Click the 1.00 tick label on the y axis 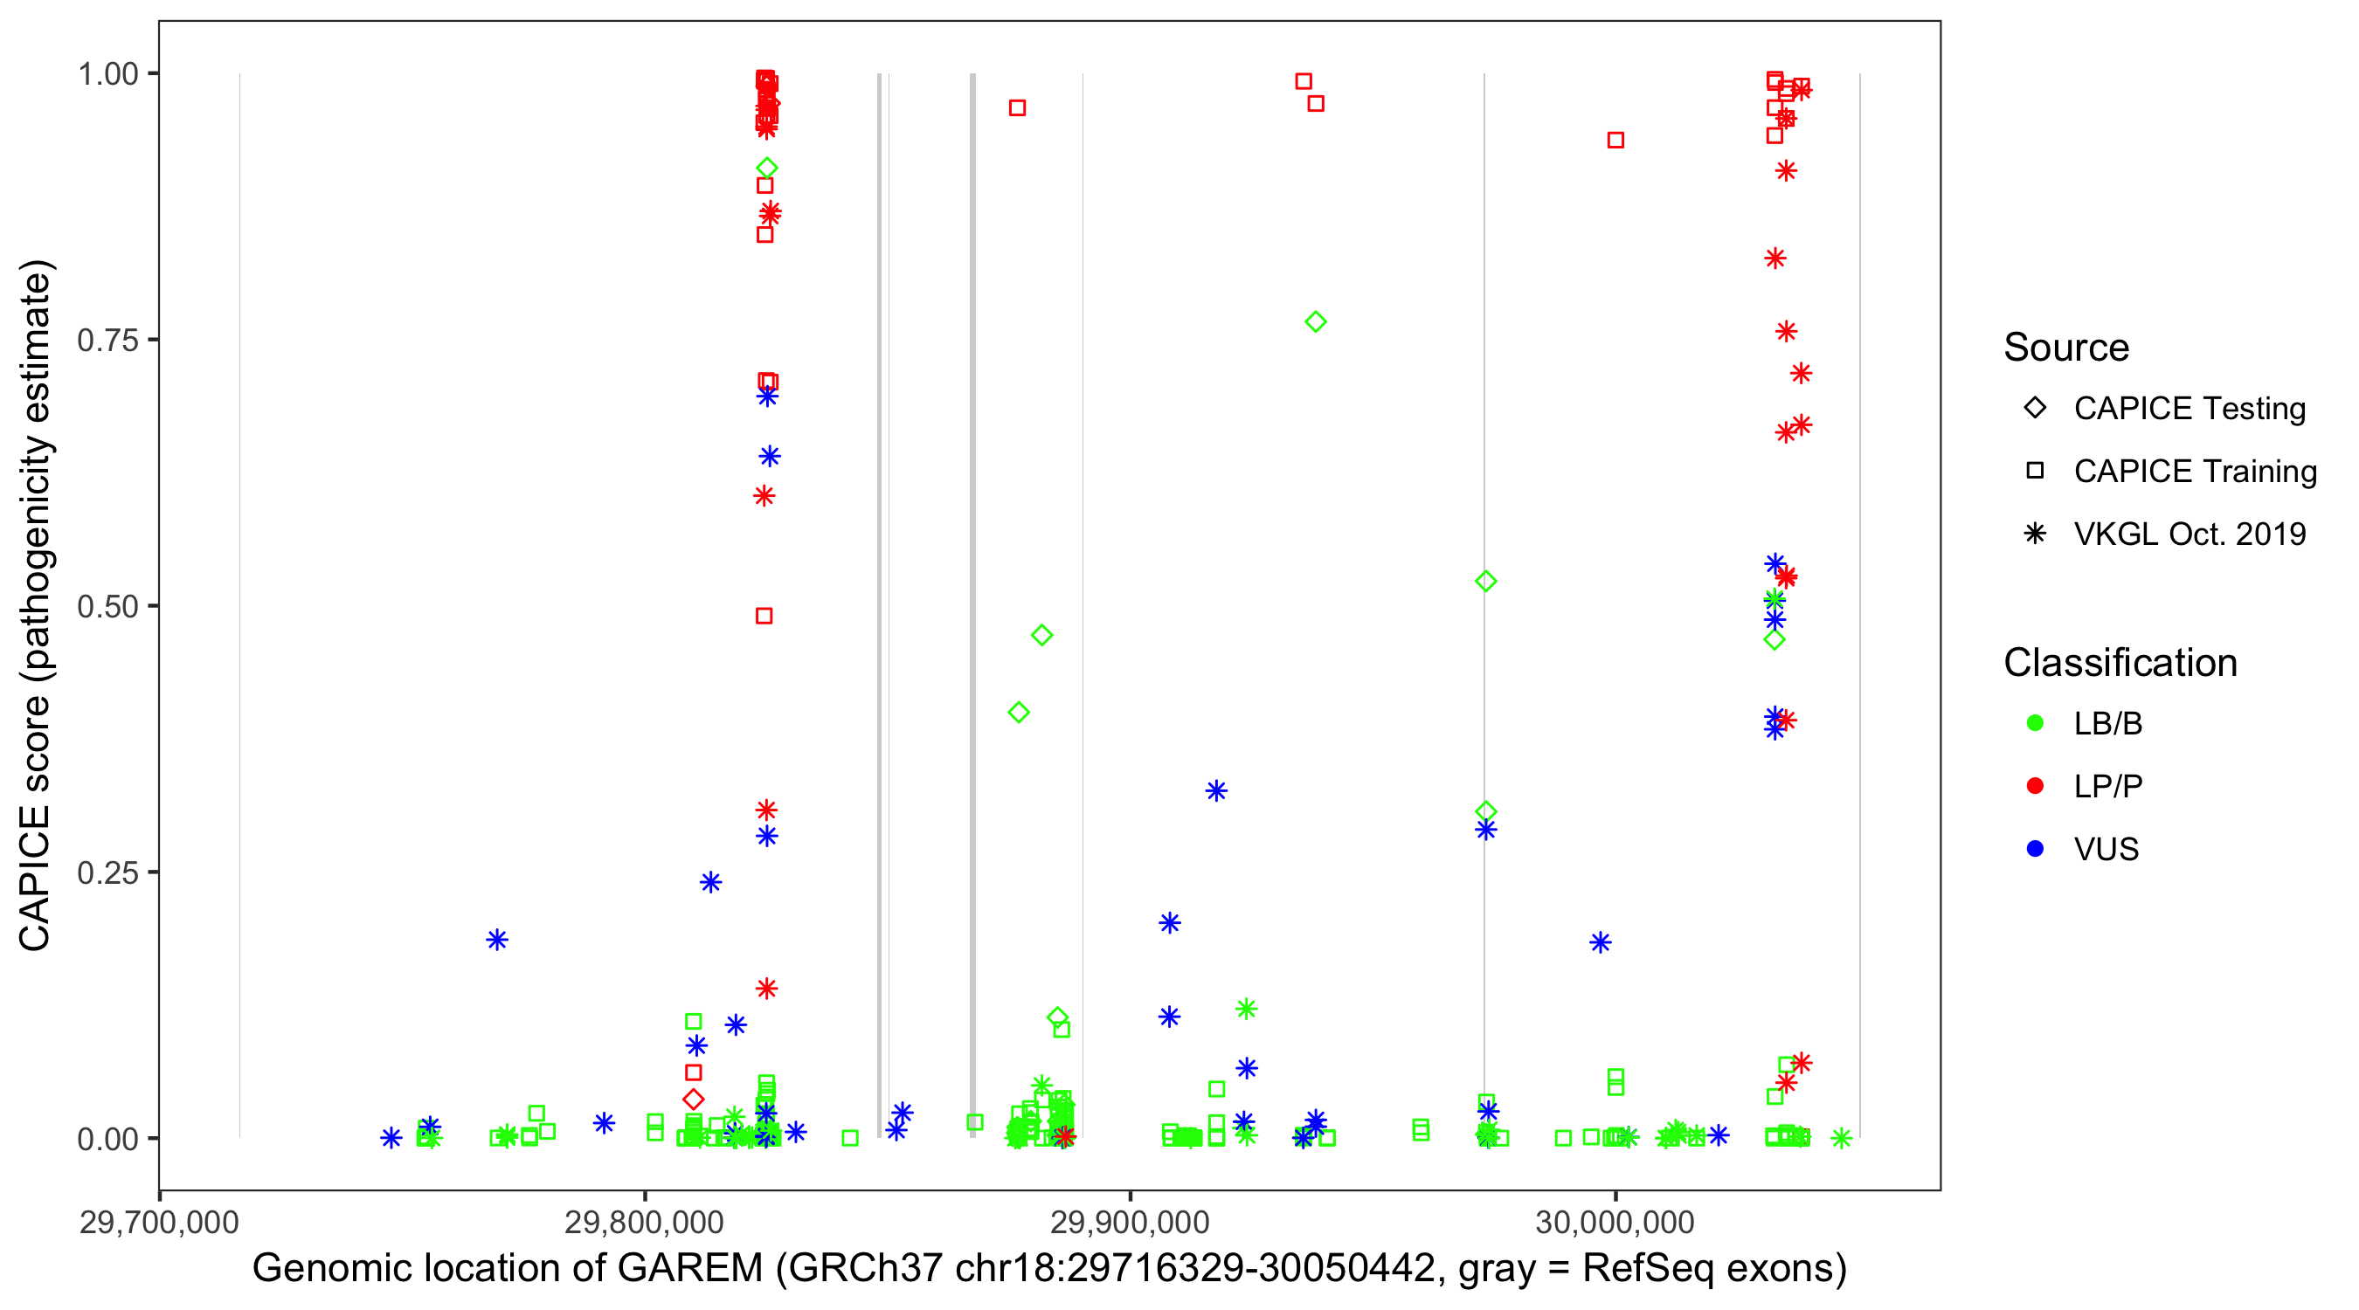pyautogui.click(x=107, y=74)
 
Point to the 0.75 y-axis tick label pyautogui.click(x=107, y=341)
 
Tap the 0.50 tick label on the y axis pyautogui.click(x=107, y=607)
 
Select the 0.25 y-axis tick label pyautogui.click(x=107, y=872)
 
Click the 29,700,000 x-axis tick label pyautogui.click(x=159, y=1222)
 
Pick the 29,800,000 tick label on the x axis pyautogui.click(x=645, y=1222)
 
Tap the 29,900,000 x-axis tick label pyautogui.click(x=1130, y=1222)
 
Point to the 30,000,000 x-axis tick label pyautogui.click(x=1615, y=1222)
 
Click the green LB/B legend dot pyautogui.click(x=2035, y=723)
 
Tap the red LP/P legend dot pyautogui.click(x=2035, y=786)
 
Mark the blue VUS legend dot pyautogui.click(x=2035, y=850)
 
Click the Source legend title pyautogui.click(x=2066, y=348)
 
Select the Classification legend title pyautogui.click(x=2120, y=663)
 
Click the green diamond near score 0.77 pyautogui.click(x=1316, y=322)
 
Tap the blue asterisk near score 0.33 pyautogui.click(x=1216, y=791)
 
